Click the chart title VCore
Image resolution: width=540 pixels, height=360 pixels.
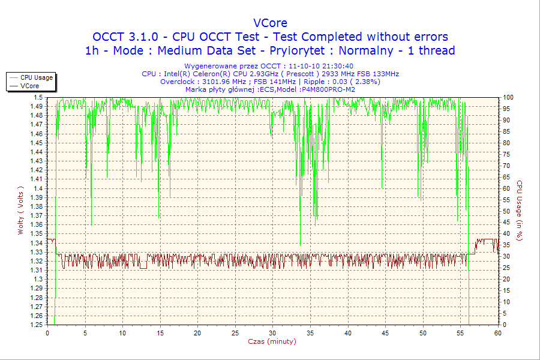(270, 23)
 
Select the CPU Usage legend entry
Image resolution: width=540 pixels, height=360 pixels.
(37, 77)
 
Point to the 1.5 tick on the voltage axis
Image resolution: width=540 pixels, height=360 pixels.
(38, 97)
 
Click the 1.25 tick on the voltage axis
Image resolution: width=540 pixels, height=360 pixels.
(35, 325)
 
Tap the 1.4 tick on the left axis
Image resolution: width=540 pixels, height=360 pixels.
(38, 188)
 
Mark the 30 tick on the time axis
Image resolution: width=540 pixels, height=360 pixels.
(273, 332)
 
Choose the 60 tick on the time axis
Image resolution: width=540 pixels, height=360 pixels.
(497, 332)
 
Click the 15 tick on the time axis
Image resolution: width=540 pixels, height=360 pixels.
(160, 332)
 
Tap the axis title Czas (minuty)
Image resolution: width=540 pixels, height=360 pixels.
(272, 342)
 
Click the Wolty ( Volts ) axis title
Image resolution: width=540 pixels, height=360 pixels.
(21, 211)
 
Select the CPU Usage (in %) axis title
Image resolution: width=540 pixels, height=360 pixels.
(520, 211)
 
